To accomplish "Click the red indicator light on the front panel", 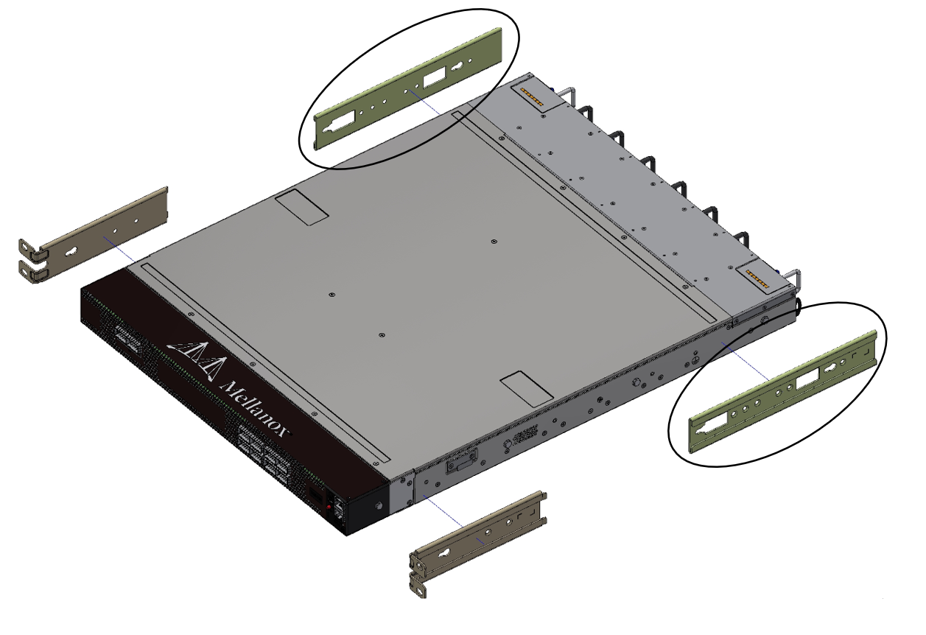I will (327, 507).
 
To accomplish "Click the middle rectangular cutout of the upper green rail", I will (434, 77).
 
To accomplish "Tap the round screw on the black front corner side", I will (378, 507).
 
